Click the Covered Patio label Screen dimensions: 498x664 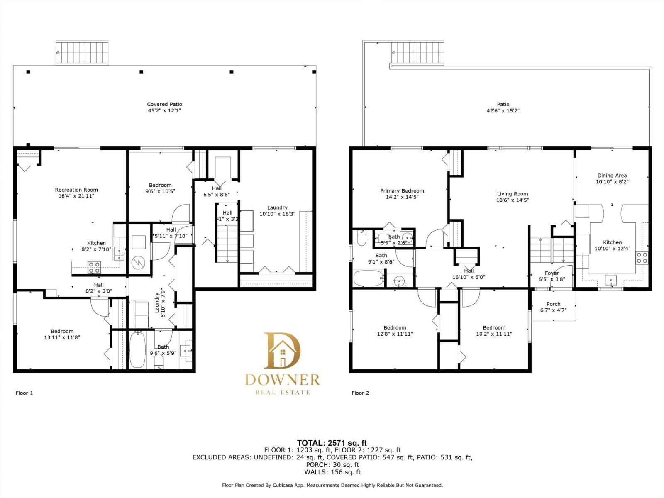164,104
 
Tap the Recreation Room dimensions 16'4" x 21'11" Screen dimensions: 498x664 76,196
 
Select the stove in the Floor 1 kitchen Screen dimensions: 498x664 94,267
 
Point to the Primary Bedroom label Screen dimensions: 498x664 402,191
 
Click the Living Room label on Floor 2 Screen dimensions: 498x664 513,194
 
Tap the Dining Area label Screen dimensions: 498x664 612,176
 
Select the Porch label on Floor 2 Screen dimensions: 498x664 553,304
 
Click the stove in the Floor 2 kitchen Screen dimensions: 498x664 642,258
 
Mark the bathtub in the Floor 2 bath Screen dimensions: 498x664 368,278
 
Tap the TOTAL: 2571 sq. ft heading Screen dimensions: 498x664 332,443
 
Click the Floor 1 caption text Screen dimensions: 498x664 24,393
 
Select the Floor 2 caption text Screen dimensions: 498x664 360,393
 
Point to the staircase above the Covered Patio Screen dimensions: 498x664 82,53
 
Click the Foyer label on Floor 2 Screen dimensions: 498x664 552,273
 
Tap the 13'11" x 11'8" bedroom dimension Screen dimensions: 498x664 62,337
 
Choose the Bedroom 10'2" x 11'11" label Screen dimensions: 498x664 494,327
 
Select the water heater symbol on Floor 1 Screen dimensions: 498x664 138,262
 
